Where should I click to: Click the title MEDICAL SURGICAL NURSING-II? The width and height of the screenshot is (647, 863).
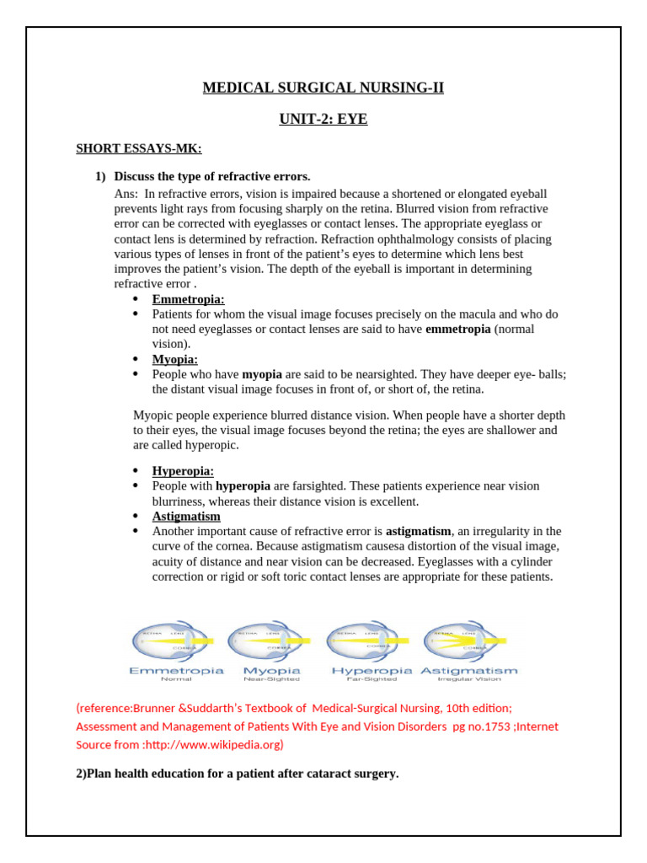[x=323, y=88]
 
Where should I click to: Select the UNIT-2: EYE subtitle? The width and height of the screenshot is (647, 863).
[x=323, y=119]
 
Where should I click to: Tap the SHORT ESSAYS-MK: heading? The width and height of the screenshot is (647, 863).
[x=139, y=149]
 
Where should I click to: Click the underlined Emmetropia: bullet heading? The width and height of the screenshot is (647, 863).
[x=188, y=299]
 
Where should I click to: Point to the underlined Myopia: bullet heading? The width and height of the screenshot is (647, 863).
[x=175, y=360]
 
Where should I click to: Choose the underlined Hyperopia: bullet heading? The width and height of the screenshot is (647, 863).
[x=183, y=471]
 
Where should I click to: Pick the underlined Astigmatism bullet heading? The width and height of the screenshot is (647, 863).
[x=186, y=517]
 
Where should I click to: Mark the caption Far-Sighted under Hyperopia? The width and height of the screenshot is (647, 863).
[x=372, y=678]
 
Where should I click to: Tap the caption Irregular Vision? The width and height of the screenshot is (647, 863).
[x=468, y=678]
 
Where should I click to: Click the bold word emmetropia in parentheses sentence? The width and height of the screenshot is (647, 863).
[x=457, y=330]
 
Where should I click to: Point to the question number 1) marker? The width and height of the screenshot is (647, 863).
[x=100, y=176]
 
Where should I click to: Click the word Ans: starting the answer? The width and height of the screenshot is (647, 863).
[x=126, y=194]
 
